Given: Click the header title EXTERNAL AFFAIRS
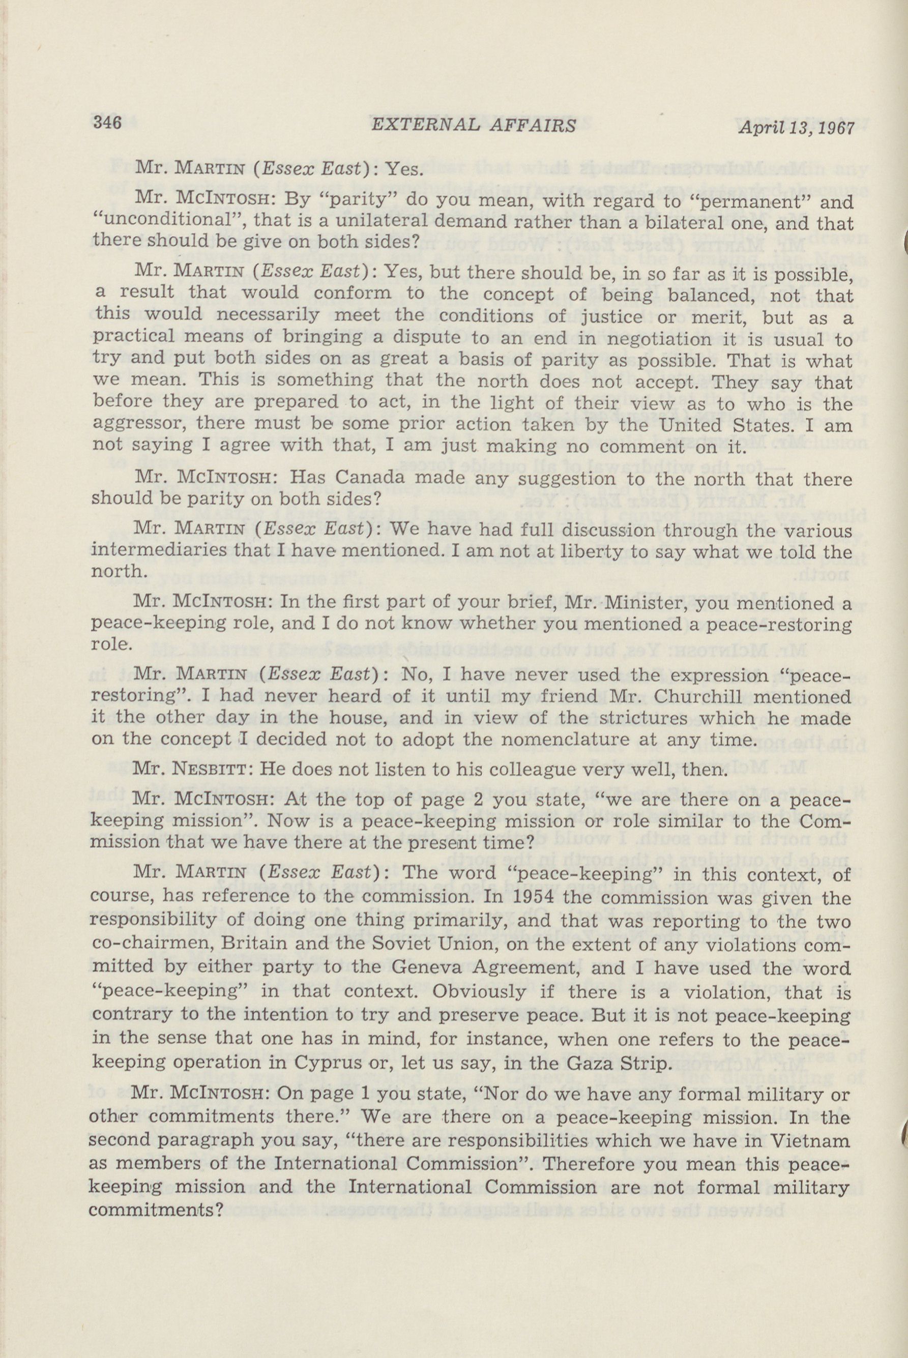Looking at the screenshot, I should [x=474, y=126].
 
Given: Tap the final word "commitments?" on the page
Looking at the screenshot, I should [x=156, y=1208].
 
